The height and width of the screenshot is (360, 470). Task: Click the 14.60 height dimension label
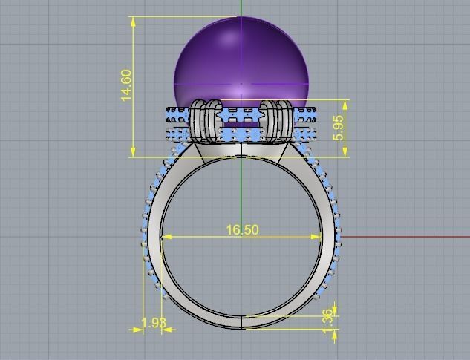[x=126, y=85]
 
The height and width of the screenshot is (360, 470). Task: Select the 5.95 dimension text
[x=339, y=128]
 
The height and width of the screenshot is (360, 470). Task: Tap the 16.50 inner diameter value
[x=242, y=230]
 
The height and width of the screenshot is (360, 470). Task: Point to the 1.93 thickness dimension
[x=153, y=324]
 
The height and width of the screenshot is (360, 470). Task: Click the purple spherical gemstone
[x=241, y=63]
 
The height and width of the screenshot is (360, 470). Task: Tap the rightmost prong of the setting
[x=285, y=120]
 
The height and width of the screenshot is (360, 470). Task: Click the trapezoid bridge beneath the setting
[x=242, y=148]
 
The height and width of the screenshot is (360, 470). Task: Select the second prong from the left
[x=214, y=120]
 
